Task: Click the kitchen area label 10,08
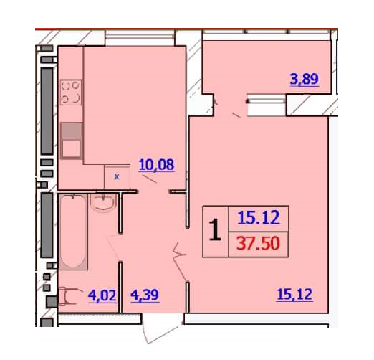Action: [x=157, y=165]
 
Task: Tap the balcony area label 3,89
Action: [x=305, y=79]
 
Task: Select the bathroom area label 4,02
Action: [x=102, y=295]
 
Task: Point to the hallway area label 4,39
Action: [x=145, y=295]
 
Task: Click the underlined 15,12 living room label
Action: [x=294, y=294]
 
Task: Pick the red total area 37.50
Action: [x=258, y=244]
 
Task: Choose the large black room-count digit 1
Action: [x=215, y=230]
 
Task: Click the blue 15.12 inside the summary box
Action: [x=259, y=217]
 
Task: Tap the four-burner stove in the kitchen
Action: [x=71, y=93]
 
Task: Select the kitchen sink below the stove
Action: [x=71, y=141]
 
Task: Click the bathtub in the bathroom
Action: [x=73, y=232]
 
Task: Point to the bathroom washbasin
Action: [x=104, y=203]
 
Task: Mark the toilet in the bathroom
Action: [x=69, y=297]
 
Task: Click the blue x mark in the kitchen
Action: [x=117, y=177]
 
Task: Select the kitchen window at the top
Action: [x=140, y=36]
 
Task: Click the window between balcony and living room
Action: [x=267, y=101]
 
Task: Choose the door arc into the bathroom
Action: [x=114, y=247]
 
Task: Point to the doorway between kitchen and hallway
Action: [x=153, y=191]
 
